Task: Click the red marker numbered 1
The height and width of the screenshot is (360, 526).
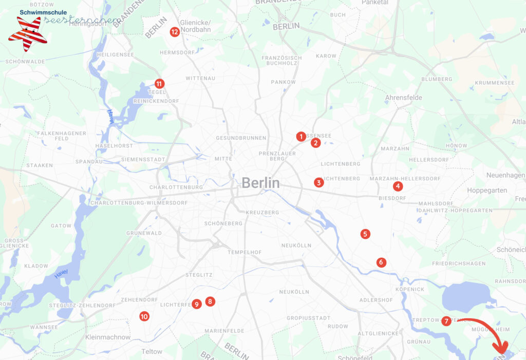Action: point(300,137)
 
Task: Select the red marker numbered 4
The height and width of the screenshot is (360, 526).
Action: point(397,186)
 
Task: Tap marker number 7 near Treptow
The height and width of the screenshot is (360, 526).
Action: point(446,321)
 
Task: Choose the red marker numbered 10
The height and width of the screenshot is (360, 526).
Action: point(144,316)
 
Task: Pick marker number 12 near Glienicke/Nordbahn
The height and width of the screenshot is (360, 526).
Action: point(175,32)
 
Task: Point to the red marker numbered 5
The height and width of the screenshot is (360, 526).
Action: point(365,234)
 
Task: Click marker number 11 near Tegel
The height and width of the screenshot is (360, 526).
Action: point(159,84)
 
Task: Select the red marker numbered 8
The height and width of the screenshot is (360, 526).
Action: point(210,301)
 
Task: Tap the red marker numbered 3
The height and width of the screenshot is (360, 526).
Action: point(319,183)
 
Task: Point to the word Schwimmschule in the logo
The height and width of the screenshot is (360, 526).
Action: point(39,11)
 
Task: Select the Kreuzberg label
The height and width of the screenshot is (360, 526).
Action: point(262,212)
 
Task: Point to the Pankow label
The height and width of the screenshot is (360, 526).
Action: point(284,82)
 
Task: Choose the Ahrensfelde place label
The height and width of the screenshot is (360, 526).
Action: point(403,97)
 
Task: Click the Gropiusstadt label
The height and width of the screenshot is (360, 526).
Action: point(308,318)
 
